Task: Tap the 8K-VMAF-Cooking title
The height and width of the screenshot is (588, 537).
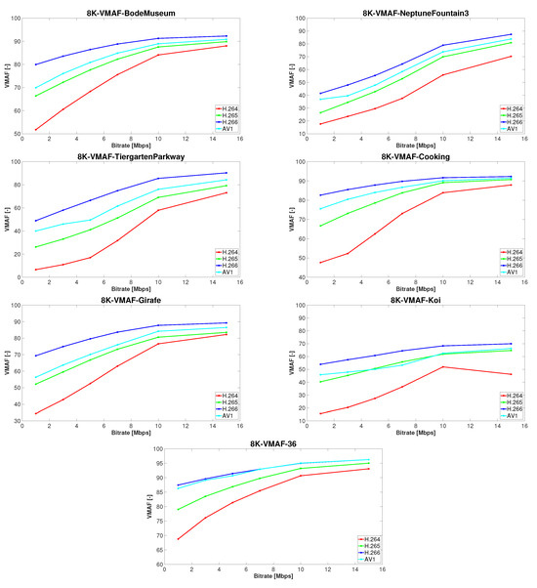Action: (403, 156)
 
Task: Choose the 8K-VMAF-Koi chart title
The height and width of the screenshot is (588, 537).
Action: (403, 302)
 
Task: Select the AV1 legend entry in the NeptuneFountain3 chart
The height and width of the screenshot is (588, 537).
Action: (506, 127)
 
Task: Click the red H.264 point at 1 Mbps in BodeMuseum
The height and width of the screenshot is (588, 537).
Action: (36, 130)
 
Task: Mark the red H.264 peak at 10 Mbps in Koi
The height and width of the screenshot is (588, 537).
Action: (443, 366)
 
